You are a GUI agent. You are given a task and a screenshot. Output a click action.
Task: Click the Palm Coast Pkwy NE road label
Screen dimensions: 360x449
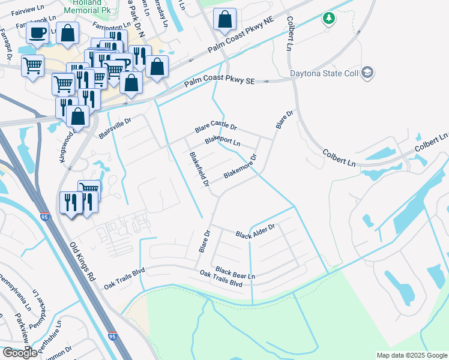(240, 42)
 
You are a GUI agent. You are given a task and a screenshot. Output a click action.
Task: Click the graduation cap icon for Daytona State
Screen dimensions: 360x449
(367, 73)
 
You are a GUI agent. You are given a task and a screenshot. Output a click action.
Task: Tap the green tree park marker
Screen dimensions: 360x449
(328, 19)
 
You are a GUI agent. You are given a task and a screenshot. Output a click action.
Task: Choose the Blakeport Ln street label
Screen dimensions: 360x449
(223, 141)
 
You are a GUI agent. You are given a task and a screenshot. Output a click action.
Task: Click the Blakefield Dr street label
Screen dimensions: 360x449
(199, 168)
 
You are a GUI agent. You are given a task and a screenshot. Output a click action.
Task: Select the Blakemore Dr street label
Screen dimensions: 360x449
(240, 167)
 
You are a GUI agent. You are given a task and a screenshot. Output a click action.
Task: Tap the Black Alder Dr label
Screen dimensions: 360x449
(255, 230)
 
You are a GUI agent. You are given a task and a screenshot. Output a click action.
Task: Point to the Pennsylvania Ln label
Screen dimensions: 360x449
(17, 295)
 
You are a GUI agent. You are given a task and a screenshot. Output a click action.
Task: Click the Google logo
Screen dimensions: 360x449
(20, 353)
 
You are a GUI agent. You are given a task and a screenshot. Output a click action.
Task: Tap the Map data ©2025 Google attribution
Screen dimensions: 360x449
(411, 355)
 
